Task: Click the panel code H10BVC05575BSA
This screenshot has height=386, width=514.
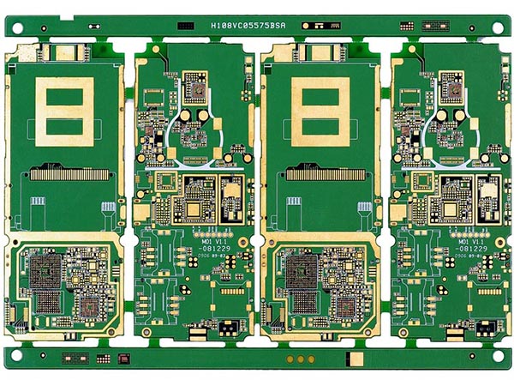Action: (x=248, y=27)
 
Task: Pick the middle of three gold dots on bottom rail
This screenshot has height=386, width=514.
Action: (x=300, y=359)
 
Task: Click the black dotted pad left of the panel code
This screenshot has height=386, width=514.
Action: (x=184, y=27)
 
